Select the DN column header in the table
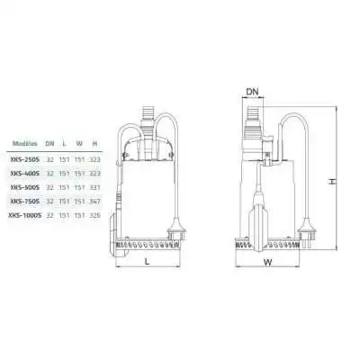(52, 143)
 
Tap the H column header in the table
(96, 143)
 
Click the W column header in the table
(82, 143)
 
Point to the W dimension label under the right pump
(268, 265)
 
